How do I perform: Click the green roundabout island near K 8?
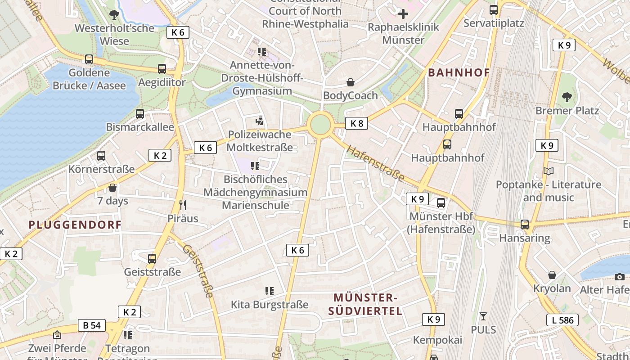pos(320,124)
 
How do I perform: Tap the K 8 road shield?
pos(356,123)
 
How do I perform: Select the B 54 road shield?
pos(92,325)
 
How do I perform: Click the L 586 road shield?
pos(562,320)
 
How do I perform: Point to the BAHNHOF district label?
pos(459,72)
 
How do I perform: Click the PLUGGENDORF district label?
pos(75,224)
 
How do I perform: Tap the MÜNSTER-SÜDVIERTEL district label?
pos(365,304)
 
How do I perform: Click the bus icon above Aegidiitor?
pos(162,69)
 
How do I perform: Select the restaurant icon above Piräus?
pos(183,205)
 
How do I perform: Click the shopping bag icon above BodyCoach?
pos(351,82)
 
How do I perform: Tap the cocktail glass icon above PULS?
pos(483,316)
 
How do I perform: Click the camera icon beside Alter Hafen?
pos(620,277)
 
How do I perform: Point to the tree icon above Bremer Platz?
pos(567,97)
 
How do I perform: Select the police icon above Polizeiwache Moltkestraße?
pos(259,121)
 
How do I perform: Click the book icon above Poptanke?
pos(549,171)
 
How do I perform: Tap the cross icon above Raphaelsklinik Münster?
pos(403,14)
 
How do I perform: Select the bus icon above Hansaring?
pos(525,224)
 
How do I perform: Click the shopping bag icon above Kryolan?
pos(552,275)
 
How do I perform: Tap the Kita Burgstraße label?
pos(270,305)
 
